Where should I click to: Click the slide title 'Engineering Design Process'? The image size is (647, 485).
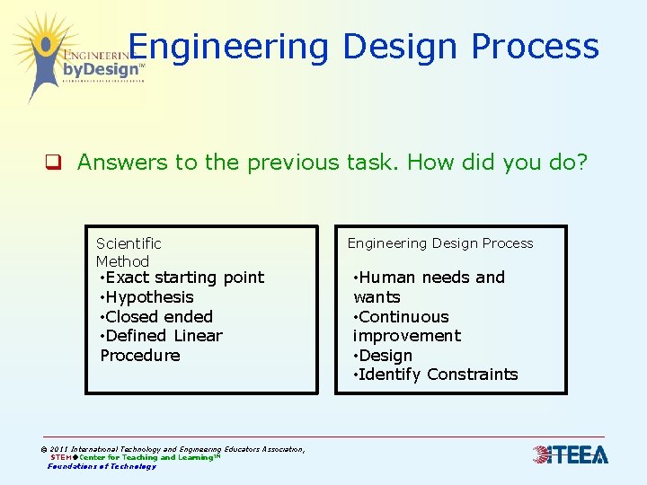tap(363, 46)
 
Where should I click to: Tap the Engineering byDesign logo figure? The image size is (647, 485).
tap(40, 54)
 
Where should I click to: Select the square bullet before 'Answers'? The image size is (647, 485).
tap(54, 163)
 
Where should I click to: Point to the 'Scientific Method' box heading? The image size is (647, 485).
tap(129, 252)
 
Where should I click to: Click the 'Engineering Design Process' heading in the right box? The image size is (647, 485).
tap(440, 243)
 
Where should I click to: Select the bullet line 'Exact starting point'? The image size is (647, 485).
tap(182, 278)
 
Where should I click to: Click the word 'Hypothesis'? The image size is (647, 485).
tap(149, 297)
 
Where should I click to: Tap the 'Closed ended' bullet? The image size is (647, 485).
tap(158, 317)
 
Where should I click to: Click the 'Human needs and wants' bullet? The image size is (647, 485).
tap(429, 287)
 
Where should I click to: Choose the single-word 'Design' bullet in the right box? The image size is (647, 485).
tap(385, 356)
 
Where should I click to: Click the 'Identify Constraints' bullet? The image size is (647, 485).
tap(437, 375)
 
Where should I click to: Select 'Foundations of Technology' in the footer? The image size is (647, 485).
tap(102, 466)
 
